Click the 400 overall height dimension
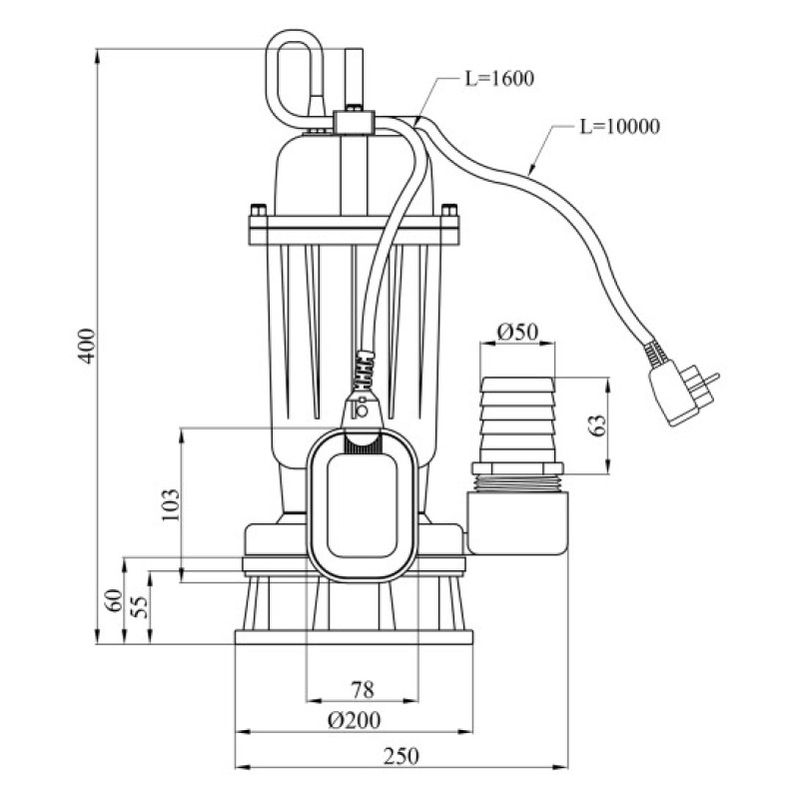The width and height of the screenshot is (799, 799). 89,346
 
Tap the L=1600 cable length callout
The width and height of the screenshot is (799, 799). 499,79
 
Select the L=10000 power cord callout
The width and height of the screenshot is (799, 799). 620,127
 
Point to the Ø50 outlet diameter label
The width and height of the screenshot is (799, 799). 517,332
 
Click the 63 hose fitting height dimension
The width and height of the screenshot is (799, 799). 597,425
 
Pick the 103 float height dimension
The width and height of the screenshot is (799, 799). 171,505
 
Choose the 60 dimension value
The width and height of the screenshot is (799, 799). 115,600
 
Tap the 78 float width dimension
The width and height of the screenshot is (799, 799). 363,690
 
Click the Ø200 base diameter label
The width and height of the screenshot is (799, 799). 354,720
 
